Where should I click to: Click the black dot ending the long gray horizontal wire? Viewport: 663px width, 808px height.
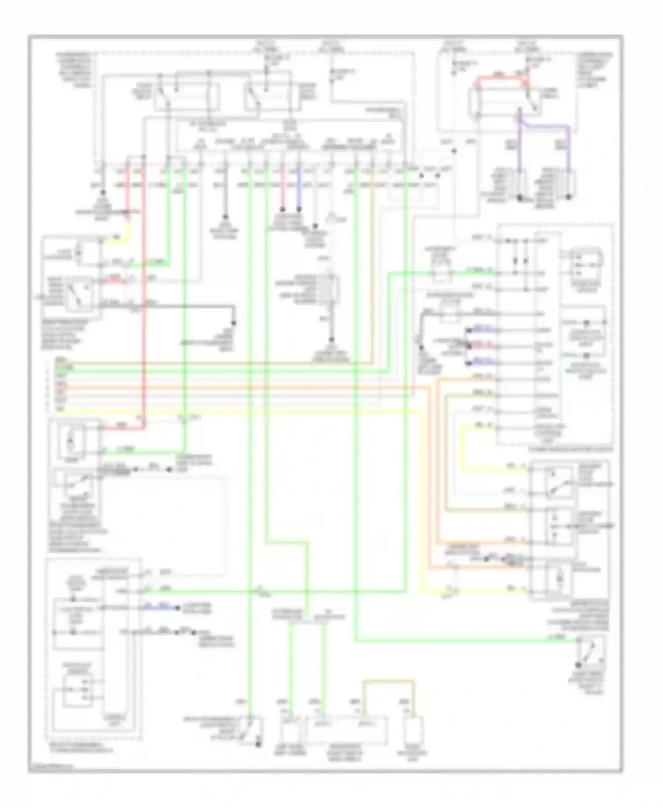[234, 323]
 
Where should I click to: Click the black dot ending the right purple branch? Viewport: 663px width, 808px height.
[568, 197]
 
